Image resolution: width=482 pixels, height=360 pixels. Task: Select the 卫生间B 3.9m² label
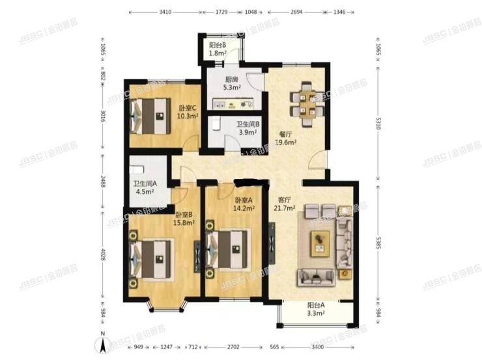click(x=248, y=128)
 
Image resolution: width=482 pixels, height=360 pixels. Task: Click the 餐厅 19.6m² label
click(x=286, y=137)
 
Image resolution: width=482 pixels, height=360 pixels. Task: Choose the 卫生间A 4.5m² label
click(x=144, y=187)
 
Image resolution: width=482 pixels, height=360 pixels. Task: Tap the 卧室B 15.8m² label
click(x=184, y=218)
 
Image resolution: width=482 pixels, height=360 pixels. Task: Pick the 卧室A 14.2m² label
click(x=244, y=204)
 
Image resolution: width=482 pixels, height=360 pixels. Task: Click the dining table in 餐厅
click(x=307, y=104)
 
